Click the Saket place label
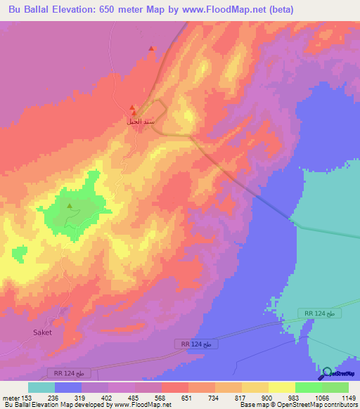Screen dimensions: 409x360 [x=43, y=332]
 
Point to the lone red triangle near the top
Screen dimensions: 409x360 [x=151, y=48]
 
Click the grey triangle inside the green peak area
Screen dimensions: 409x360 [x=69, y=206]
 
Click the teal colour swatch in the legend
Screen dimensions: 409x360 [x=41, y=387]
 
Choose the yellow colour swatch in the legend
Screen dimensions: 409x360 [x=281, y=387]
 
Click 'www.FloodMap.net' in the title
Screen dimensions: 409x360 [x=226, y=9]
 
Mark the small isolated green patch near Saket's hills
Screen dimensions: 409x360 [x=20, y=251]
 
